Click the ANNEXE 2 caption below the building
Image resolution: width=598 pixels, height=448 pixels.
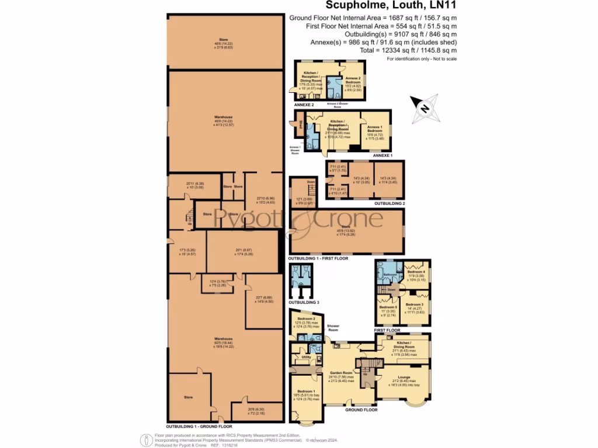(x=304, y=104)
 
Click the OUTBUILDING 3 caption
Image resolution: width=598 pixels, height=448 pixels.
(x=304, y=302)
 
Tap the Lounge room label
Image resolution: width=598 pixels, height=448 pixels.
(x=404, y=377)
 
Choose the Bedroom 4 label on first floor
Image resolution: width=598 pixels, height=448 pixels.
(x=416, y=272)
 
